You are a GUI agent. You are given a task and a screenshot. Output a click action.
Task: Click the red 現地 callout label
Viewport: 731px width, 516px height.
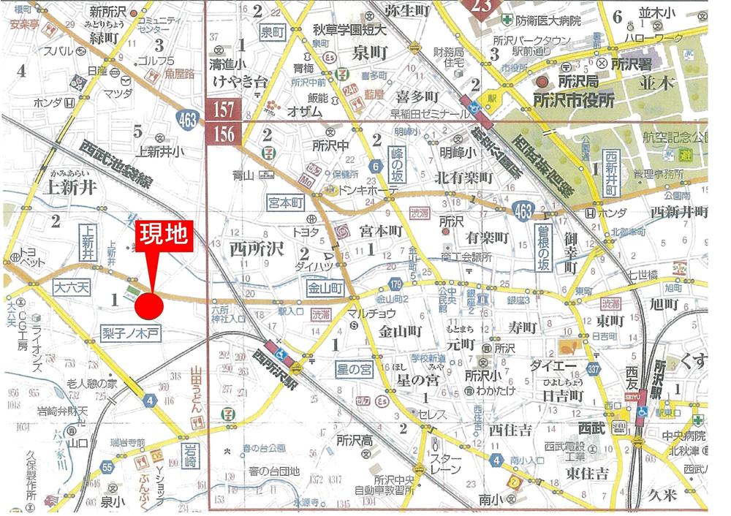point(165,236)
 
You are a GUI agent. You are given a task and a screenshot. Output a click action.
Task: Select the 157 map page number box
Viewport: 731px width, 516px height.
point(224,110)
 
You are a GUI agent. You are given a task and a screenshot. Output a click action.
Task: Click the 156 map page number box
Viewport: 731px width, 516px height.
point(224,134)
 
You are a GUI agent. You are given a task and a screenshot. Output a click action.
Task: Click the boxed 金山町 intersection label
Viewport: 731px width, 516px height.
point(325,289)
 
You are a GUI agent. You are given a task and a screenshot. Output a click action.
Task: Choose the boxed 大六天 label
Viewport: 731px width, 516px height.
point(71,288)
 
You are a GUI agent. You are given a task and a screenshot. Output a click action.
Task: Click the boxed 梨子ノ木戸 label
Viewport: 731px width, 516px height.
point(132,333)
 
